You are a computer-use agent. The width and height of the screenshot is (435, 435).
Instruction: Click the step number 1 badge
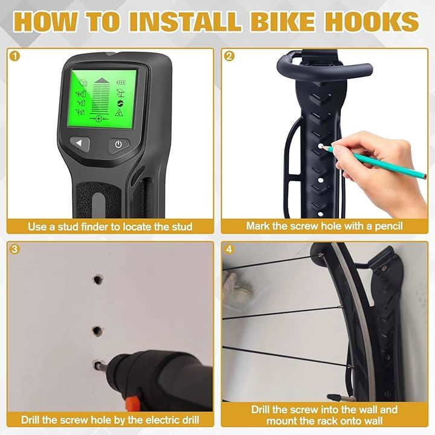tap(14, 56)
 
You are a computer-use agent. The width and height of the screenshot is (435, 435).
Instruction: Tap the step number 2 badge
tap(229, 56)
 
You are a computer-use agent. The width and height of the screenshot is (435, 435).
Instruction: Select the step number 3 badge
tap(14, 249)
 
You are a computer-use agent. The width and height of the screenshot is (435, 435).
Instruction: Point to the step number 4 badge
tap(229, 249)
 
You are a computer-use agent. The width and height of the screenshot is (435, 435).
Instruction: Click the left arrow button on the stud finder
tap(80, 143)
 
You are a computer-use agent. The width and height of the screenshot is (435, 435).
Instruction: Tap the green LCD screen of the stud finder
tap(103, 98)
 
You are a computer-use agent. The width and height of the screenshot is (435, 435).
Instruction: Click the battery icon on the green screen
tap(121, 82)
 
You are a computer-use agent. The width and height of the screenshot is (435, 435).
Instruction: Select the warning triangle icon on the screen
tap(119, 112)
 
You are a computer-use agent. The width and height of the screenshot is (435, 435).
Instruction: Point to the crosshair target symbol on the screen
tap(98, 119)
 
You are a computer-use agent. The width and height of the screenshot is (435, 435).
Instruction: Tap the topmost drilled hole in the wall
tap(98, 279)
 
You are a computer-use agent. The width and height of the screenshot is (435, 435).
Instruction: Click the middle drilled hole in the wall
tap(97, 331)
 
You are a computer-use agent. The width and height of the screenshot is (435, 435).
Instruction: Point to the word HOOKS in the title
tap(372, 21)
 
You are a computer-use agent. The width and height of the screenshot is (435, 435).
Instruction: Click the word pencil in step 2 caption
tap(388, 227)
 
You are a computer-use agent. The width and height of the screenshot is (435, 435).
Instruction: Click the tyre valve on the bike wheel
tap(340, 398)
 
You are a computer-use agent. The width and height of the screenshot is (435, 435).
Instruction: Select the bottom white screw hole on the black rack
tap(320, 214)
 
